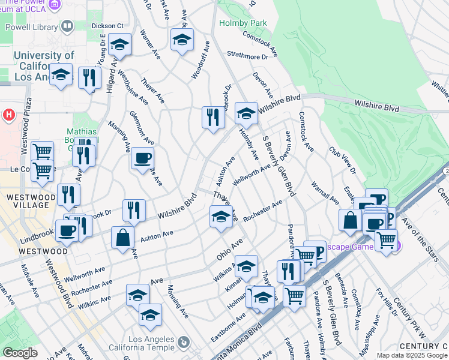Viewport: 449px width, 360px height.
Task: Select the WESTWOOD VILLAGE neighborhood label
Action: (28, 202)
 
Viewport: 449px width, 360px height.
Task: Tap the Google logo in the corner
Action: (20, 353)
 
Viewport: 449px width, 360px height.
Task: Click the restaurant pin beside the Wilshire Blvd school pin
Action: (213, 116)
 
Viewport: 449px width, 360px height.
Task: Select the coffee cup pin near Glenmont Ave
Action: (142, 158)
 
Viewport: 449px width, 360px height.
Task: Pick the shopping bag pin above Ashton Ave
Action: (122, 236)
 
